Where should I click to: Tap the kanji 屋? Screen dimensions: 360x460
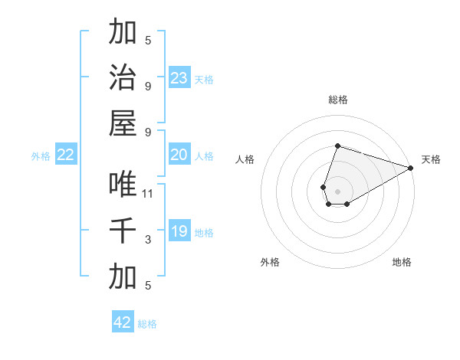(123, 123)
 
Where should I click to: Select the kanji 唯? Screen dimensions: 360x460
(123, 184)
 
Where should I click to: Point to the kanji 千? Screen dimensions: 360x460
(123, 231)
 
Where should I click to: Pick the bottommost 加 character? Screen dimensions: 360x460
(123, 276)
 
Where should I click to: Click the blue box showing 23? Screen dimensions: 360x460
(179, 77)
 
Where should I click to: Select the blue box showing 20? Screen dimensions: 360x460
(179, 155)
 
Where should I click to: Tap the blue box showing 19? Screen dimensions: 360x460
(179, 231)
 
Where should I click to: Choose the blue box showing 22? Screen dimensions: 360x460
(66, 155)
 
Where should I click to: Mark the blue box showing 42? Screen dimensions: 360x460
(123, 322)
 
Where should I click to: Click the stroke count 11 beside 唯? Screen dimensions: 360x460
(148, 193)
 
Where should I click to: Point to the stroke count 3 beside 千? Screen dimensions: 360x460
(148, 240)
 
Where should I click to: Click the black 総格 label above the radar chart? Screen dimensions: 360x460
(337, 100)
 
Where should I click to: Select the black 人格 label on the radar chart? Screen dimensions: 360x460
(245, 159)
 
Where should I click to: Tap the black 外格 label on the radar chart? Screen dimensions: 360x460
(270, 262)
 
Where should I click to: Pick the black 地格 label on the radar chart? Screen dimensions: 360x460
(402, 262)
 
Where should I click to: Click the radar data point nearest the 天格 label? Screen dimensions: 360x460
(411, 168)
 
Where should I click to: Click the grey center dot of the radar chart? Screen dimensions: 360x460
(337, 190)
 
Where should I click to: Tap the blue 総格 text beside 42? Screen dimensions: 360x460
(147, 324)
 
